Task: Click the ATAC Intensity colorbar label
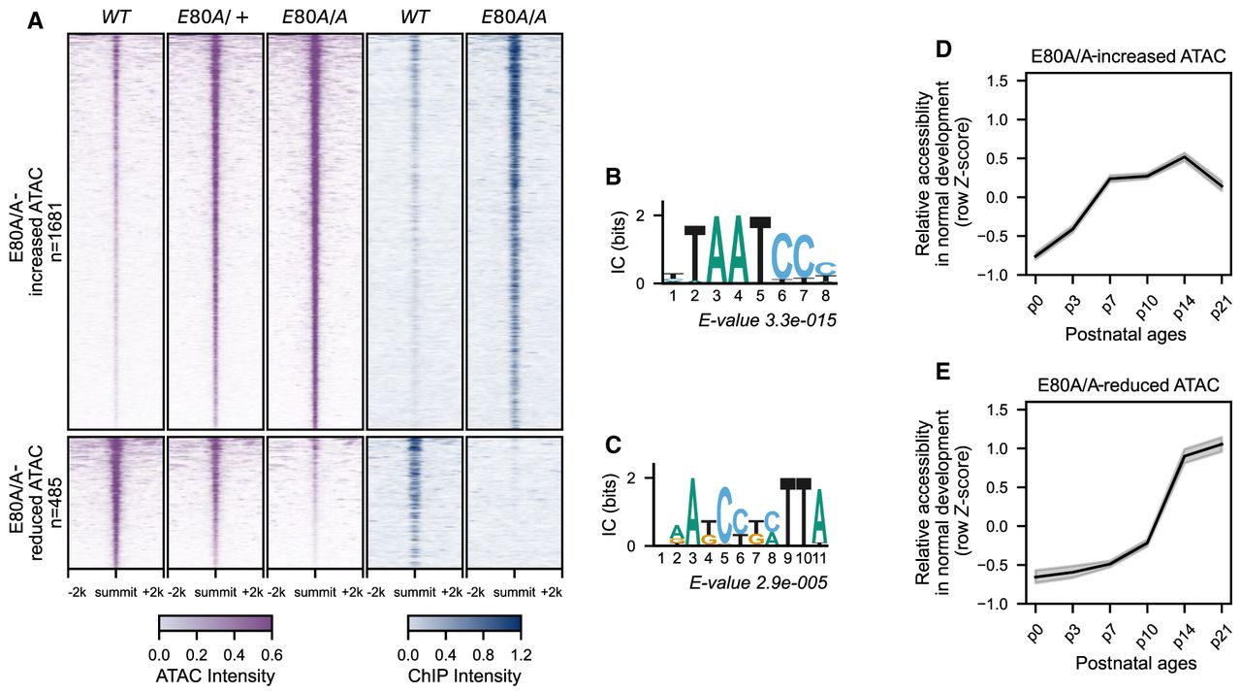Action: [x=215, y=676]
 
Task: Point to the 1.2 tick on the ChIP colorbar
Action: [x=518, y=652]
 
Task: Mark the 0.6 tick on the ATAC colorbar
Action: [x=269, y=652]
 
